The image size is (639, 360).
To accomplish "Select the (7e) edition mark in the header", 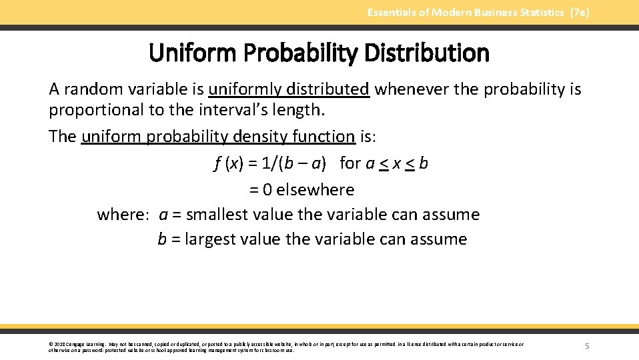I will [580, 13].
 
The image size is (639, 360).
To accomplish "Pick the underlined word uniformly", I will [245, 89].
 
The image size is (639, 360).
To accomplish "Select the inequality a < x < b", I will [396, 163].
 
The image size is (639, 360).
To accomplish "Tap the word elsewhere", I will [315, 190].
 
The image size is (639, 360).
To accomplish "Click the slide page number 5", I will [587, 346].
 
